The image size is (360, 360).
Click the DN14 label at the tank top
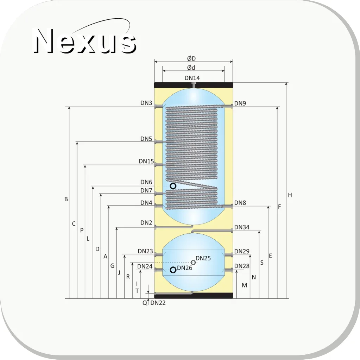(x=192, y=78)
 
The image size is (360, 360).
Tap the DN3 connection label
(x=146, y=103)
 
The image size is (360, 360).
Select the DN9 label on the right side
(x=240, y=103)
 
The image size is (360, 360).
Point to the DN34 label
(x=242, y=227)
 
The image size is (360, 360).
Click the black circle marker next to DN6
(x=173, y=186)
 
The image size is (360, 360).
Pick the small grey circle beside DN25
(x=193, y=263)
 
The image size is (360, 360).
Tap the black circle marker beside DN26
(x=173, y=270)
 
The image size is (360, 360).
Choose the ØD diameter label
(x=191, y=58)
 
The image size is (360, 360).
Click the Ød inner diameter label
(x=191, y=68)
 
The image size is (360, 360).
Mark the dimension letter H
(x=290, y=195)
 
